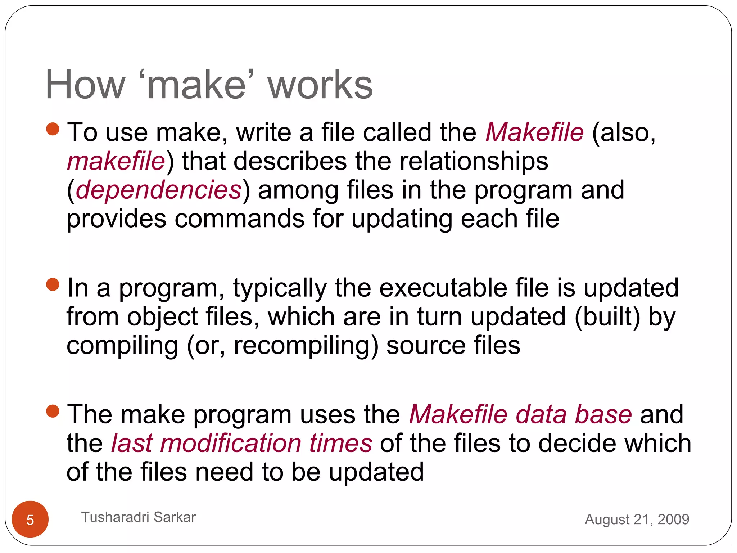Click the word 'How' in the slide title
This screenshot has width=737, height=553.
pos(85,85)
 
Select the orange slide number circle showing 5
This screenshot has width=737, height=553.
pos(30,519)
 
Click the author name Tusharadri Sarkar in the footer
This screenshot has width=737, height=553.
pos(139,517)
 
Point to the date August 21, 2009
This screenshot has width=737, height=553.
pos(637,519)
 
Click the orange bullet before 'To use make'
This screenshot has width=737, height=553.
pos(53,129)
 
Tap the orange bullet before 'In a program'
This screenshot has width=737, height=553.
pos(53,284)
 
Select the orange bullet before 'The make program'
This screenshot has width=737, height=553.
pos(53,411)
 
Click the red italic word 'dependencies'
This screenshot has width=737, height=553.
pos(159,190)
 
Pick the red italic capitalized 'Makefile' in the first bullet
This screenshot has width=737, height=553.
pos(534,132)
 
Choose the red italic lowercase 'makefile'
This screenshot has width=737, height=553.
pos(116,161)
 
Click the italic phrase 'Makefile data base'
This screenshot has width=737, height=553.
pos(520,414)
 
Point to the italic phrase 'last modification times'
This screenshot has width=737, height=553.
pos(241,443)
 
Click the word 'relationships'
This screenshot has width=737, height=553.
pos(474,161)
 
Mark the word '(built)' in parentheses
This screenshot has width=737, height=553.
pos(607,317)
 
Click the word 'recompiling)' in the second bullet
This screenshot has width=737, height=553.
pos(306,346)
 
